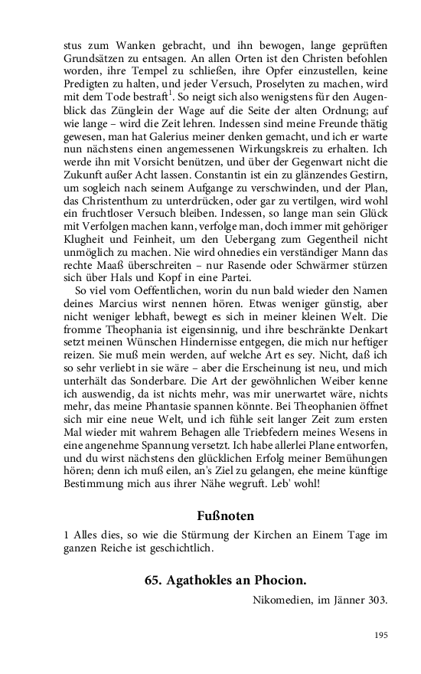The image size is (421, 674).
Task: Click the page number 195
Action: coord(381,635)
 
